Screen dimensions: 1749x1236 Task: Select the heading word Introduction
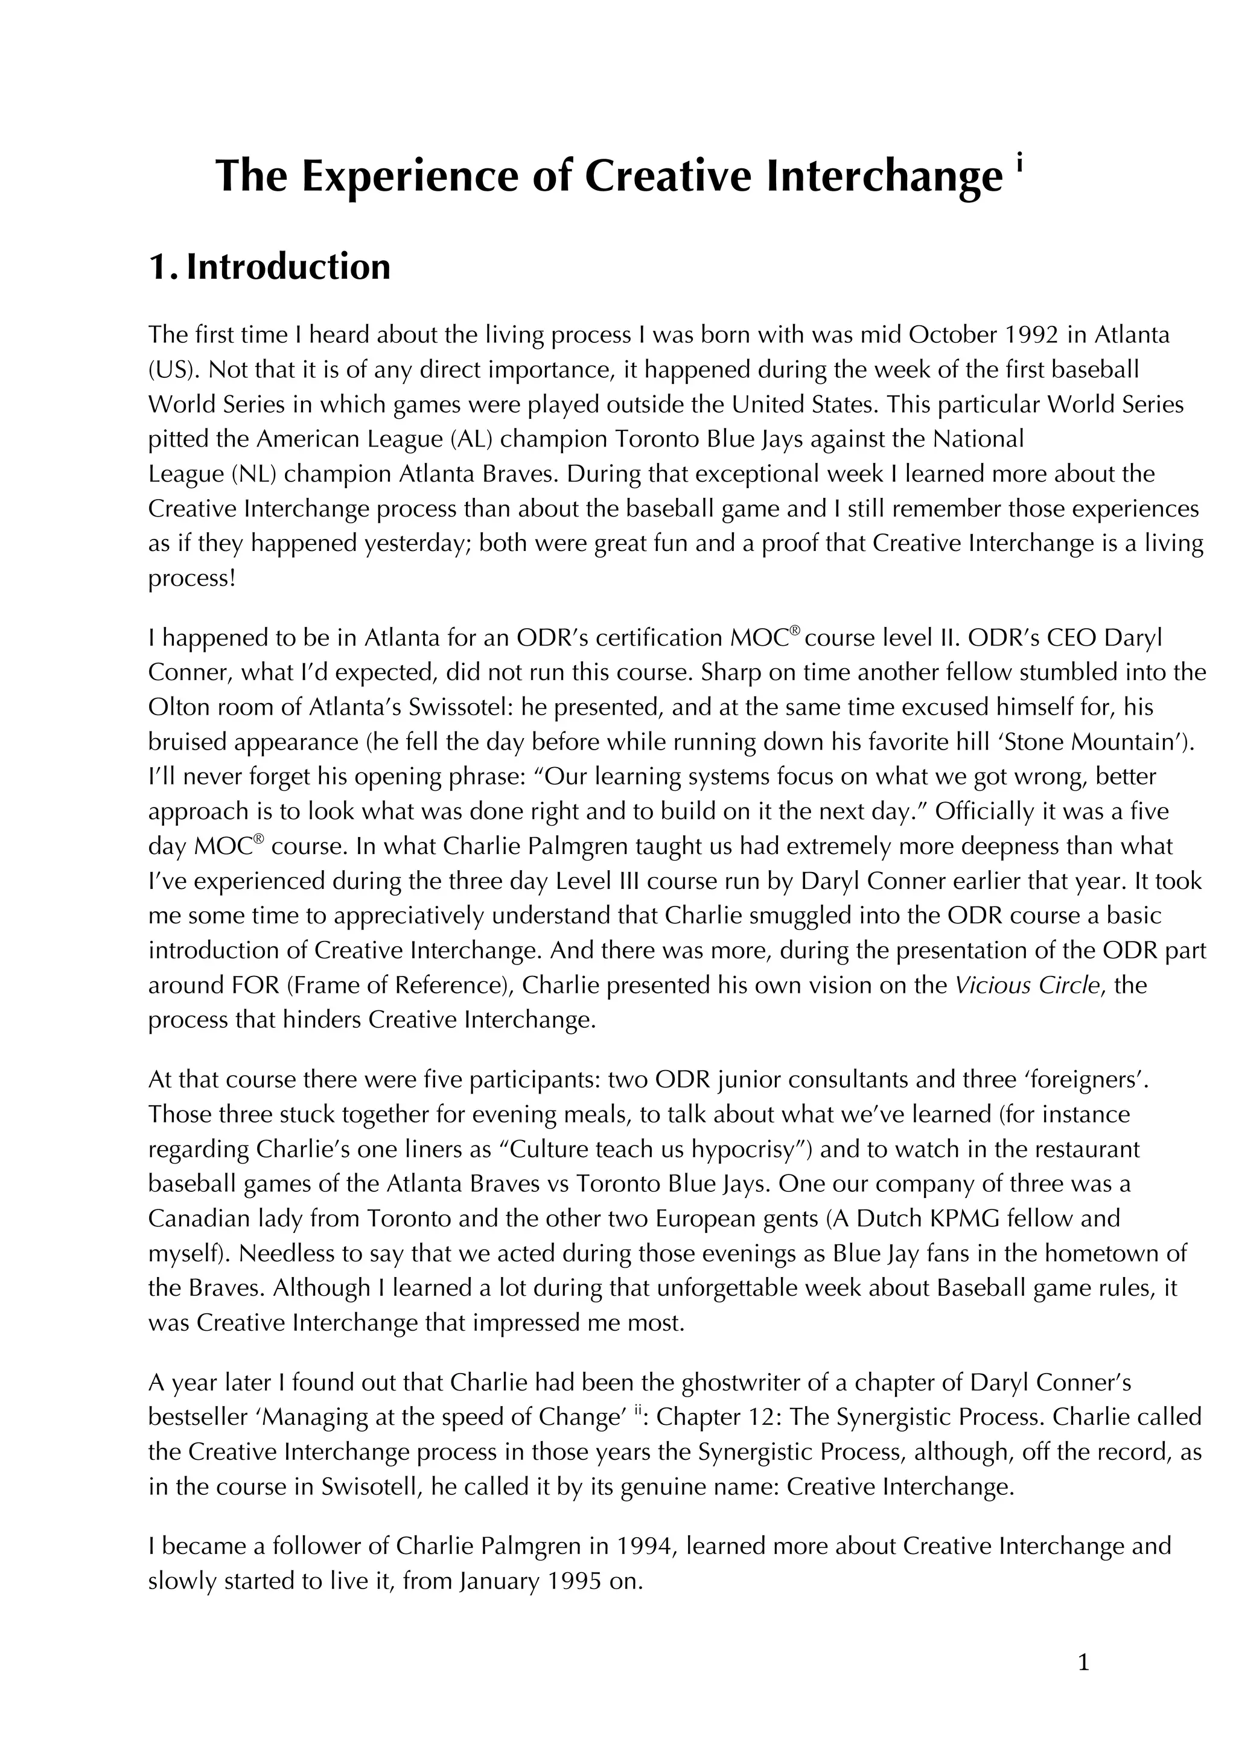[x=288, y=267]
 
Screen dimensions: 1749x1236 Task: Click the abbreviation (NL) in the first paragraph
[x=253, y=474]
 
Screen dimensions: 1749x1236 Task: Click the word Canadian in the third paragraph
[x=196, y=1218]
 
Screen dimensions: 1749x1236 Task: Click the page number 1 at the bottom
[x=1084, y=1664]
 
